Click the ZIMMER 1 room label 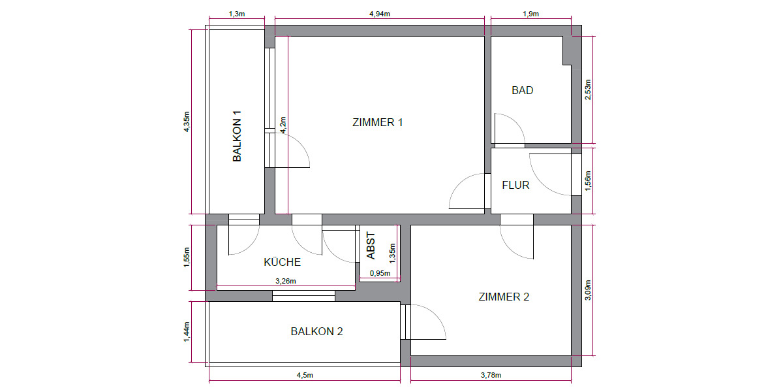[377, 122]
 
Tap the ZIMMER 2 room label [504, 297]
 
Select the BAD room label [522, 90]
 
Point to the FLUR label [515, 185]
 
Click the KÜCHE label [282, 262]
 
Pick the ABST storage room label [371, 246]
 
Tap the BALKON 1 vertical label [237, 136]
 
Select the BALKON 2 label [316, 331]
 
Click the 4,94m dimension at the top [379, 13]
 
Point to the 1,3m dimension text [237, 13]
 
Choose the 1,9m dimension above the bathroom [531, 13]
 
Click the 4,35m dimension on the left [187, 122]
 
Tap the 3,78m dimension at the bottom [491, 375]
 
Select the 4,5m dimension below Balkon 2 [304, 375]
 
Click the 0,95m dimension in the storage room [379, 273]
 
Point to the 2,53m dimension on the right [587, 89]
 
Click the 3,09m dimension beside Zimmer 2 [588, 289]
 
